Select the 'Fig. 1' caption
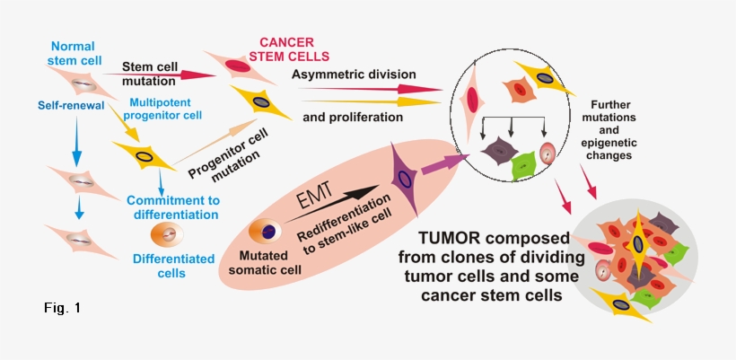coord(62,308)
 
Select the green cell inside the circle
coord(523,164)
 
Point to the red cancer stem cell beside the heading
coord(236,66)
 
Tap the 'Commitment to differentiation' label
coord(172,207)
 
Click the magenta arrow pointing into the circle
coord(446,165)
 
